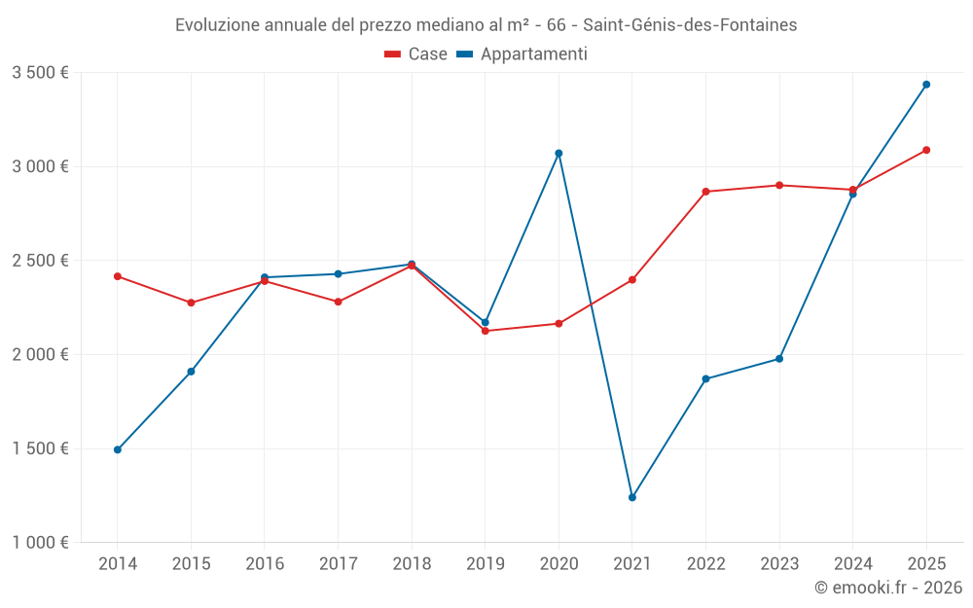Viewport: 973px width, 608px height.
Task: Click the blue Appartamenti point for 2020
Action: tap(559, 153)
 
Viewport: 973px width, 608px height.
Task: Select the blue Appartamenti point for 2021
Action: tap(632, 497)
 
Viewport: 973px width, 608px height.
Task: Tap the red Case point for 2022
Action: tap(705, 192)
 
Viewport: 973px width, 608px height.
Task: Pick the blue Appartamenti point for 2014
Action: tap(117, 449)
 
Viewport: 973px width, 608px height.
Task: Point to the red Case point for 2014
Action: tap(117, 276)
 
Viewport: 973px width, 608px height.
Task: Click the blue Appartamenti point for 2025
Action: tap(926, 85)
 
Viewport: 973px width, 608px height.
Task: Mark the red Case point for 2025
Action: tap(926, 150)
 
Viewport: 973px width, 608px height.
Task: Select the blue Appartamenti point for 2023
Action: tap(779, 359)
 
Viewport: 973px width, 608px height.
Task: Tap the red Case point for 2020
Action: tap(559, 323)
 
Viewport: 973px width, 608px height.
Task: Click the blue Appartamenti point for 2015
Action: tap(191, 372)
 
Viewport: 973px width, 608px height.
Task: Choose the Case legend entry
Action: tap(416, 54)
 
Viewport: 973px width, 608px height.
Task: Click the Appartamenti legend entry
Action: tap(522, 54)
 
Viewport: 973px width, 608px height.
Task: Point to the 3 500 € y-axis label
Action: tap(40, 72)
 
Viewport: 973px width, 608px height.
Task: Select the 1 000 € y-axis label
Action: tap(40, 543)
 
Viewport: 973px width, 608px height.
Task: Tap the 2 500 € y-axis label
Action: tap(40, 261)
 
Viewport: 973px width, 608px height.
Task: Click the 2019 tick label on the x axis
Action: tap(485, 563)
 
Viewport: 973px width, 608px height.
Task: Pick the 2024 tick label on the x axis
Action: tap(852, 563)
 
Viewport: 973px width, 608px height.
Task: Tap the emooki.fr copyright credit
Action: tap(888, 588)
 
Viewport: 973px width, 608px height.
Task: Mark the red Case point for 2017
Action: tap(338, 302)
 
